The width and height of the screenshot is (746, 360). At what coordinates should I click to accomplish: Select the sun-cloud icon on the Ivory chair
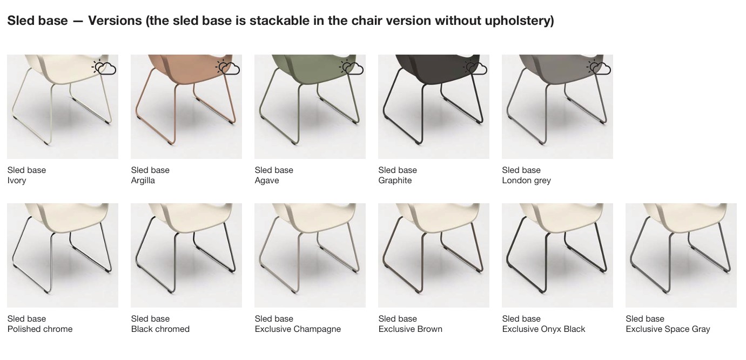coord(104,68)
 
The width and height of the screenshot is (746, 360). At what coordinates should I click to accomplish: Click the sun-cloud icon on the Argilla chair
coord(227,68)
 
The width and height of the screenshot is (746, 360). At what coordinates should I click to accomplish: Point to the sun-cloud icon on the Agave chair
coord(351,68)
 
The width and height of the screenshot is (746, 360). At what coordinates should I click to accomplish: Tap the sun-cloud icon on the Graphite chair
coord(475,68)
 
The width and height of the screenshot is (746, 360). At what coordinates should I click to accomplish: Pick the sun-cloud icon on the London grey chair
coord(599,68)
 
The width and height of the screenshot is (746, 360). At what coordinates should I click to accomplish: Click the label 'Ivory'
coord(17,181)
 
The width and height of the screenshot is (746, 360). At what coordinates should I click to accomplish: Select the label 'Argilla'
coord(143,181)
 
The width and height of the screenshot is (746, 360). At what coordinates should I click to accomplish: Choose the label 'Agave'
coord(267,181)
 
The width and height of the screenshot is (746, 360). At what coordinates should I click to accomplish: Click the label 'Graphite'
coord(395,181)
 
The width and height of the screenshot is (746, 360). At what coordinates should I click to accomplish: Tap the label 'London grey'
coord(527,181)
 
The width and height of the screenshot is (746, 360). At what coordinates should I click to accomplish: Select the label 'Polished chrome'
coord(40,329)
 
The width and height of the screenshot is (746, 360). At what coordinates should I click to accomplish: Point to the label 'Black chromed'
coord(160,329)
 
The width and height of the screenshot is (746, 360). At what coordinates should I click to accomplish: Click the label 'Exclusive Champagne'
coord(298,329)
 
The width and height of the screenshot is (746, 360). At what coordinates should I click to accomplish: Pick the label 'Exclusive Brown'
coord(411,329)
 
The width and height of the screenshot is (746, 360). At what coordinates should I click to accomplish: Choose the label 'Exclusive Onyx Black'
coord(543,329)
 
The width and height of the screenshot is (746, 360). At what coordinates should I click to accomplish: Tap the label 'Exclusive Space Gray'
coord(668,329)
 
